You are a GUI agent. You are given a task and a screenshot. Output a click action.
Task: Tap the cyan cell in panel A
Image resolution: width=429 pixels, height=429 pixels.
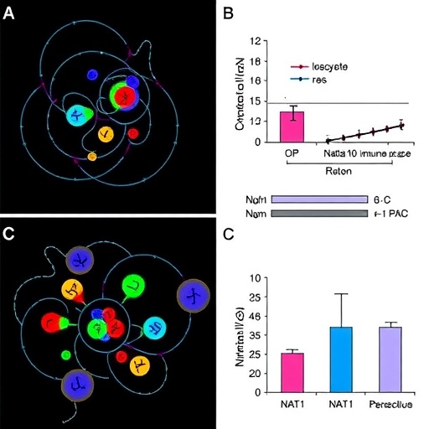[x=79, y=116]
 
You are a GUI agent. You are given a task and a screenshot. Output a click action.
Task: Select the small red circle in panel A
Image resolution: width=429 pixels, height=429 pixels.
[x=132, y=133]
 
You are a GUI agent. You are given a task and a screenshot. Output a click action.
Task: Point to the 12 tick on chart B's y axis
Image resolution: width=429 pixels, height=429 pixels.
[x=255, y=40]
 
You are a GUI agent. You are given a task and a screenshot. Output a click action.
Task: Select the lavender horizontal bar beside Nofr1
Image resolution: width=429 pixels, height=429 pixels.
[x=319, y=199]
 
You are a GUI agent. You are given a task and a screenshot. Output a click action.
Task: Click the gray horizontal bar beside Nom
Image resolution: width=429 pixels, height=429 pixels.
[x=319, y=214]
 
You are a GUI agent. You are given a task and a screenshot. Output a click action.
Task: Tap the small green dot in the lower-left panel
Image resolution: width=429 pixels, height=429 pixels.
[x=65, y=355]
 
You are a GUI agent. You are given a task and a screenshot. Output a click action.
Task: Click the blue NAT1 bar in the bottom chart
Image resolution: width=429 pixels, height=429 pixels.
[x=341, y=359]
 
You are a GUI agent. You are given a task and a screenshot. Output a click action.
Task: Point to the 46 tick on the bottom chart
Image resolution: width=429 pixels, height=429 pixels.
[x=255, y=315]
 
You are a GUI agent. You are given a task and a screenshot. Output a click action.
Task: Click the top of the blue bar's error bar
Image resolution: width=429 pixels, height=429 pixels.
[x=341, y=294]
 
